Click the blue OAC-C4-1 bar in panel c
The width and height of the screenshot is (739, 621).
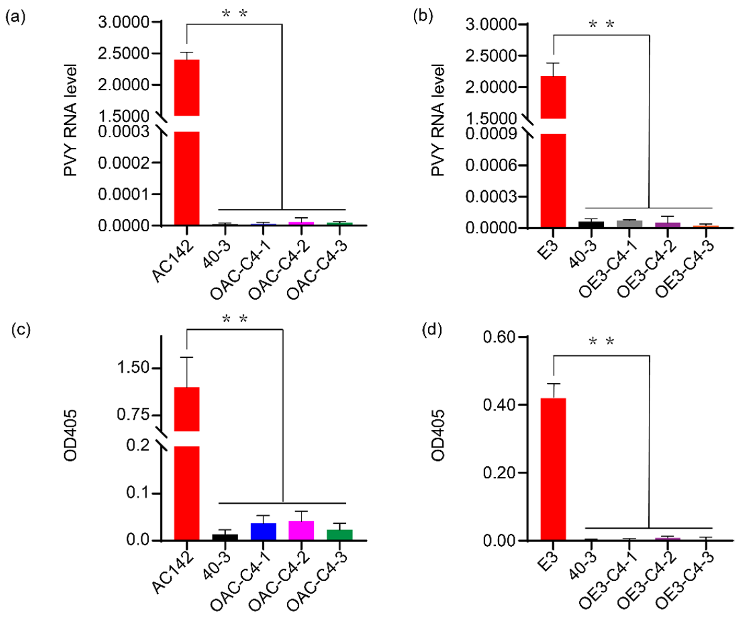pos(263,531)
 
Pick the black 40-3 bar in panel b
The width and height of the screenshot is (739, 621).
pos(591,224)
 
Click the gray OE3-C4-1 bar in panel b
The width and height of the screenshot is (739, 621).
pos(630,224)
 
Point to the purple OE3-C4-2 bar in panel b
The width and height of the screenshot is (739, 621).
pos(667,225)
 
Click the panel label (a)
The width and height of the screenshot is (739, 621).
pos(15,16)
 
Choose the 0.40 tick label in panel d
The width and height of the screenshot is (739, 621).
pos(499,405)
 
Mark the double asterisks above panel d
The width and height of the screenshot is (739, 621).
pos(601,341)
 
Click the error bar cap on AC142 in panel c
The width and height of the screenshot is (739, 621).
pos(187,357)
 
